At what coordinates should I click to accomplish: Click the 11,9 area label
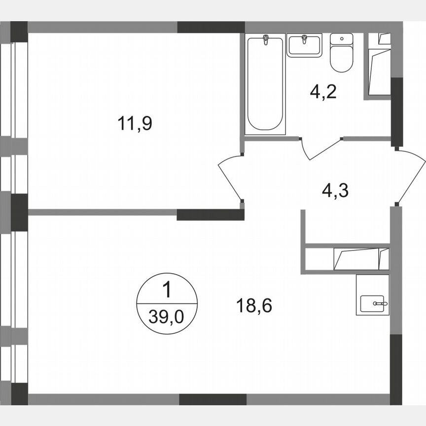click(x=135, y=123)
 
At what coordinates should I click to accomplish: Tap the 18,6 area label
click(x=254, y=305)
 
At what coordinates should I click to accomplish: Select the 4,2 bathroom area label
click(x=323, y=92)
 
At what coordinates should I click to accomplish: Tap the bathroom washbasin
click(x=304, y=45)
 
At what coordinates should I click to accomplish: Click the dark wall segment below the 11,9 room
click(x=211, y=214)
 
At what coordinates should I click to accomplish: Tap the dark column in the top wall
click(x=211, y=27)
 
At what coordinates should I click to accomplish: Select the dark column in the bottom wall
click(x=212, y=399)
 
